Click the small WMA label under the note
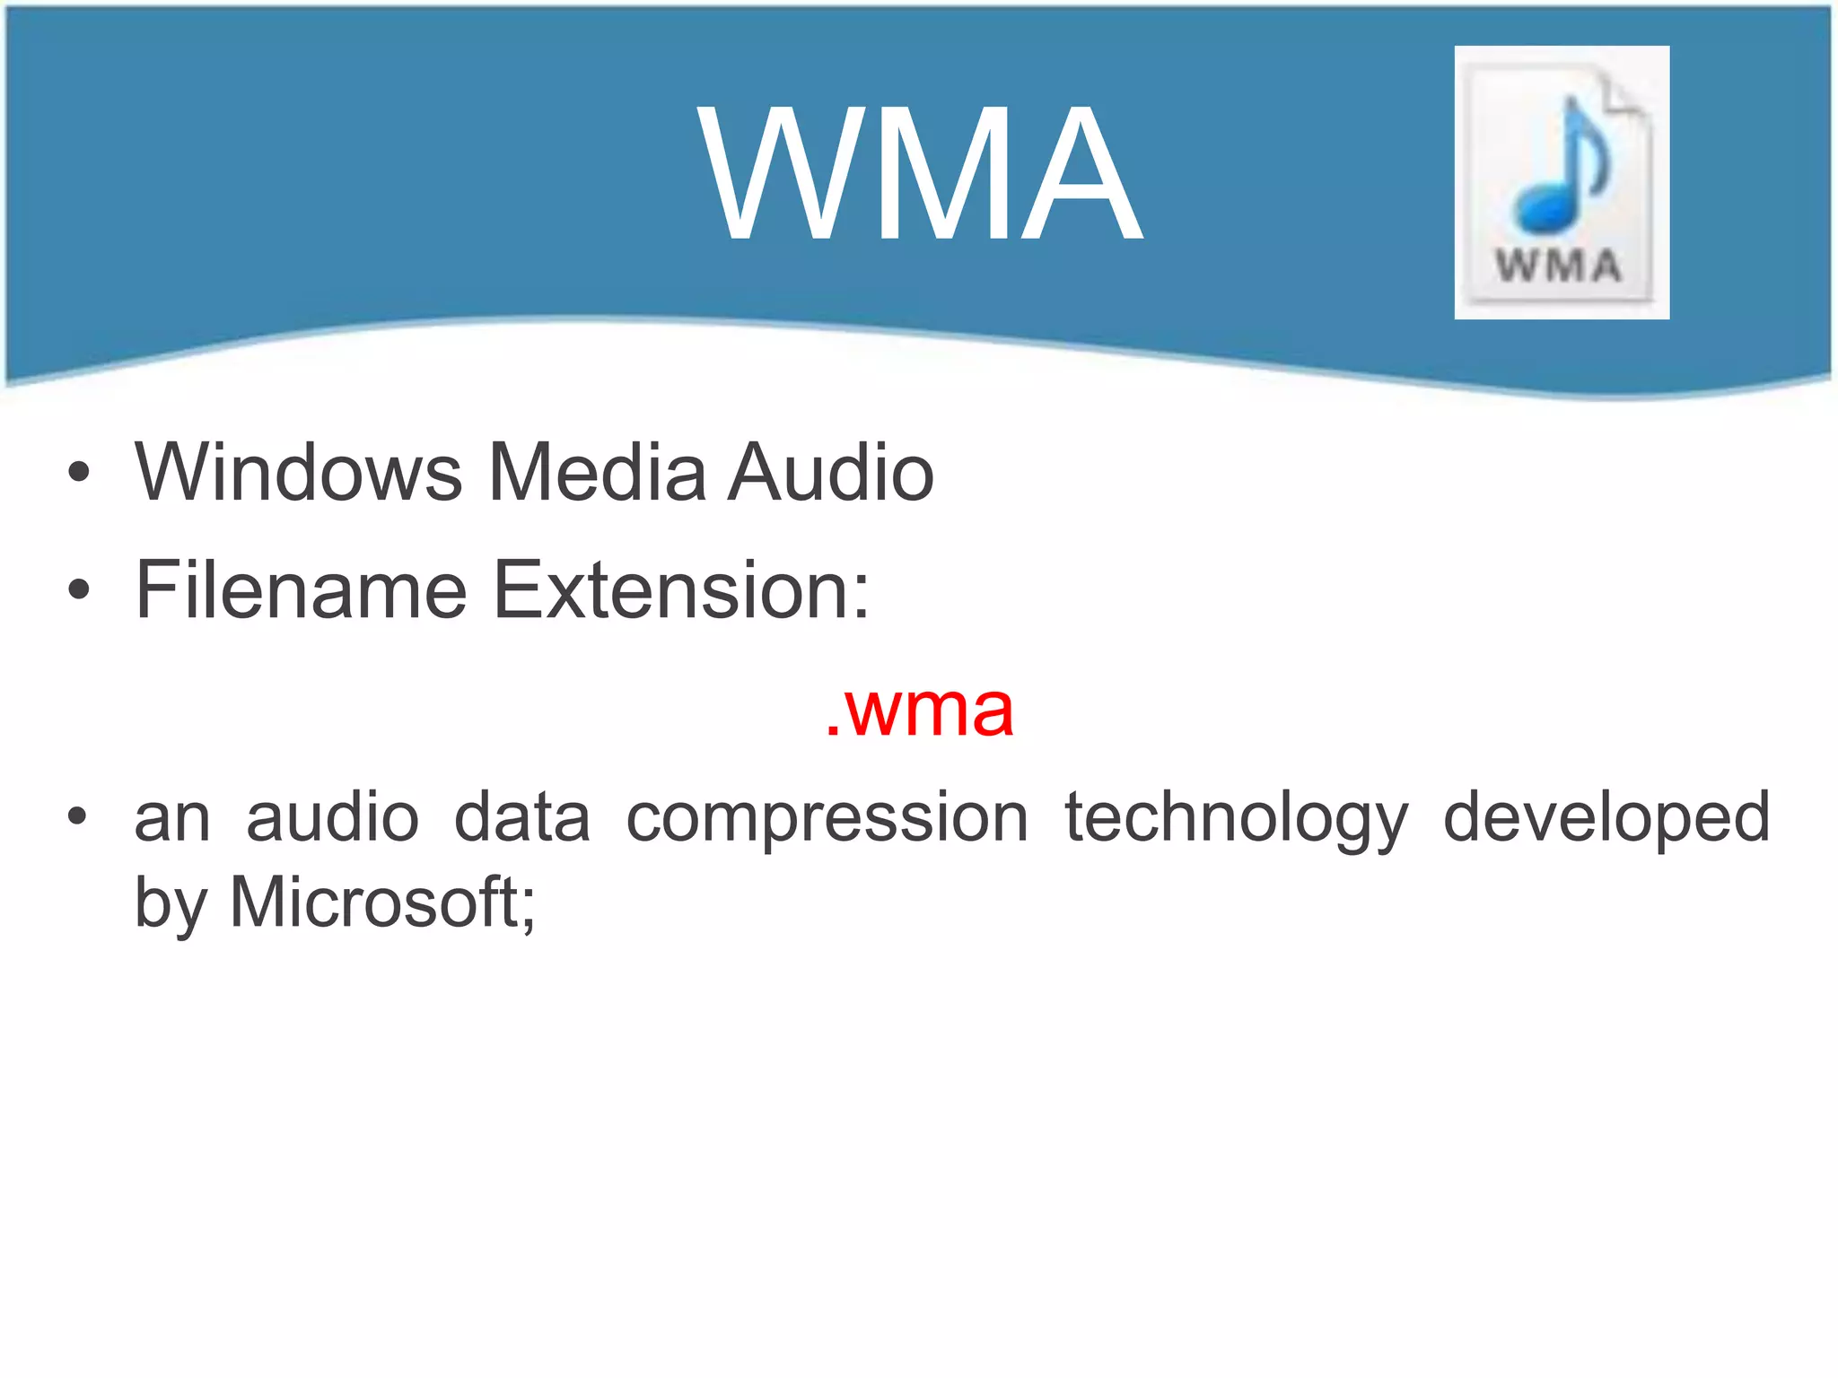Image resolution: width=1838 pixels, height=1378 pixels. pos(1559,266)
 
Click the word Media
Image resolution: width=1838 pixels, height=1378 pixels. pos(597,472)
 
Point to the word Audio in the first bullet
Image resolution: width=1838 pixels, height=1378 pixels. pos(830,472)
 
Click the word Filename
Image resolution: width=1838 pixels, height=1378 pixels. pos(301,589)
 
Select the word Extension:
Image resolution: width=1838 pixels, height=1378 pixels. pos(682,589)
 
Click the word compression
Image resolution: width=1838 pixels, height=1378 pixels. pos(827,818)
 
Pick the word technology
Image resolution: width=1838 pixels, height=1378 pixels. pos(1236,818)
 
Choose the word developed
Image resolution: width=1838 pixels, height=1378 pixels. pos(1606,818)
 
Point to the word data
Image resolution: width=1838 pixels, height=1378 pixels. pos(522,818)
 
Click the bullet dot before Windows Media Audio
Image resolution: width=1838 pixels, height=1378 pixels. pos(79,472)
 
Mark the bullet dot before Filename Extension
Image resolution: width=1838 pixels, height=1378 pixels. pos(79,589)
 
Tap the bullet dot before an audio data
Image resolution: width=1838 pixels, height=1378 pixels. pos(79,817)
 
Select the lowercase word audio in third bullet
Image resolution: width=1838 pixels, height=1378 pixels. pos(332,818)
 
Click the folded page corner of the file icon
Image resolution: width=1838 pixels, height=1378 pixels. pos(1626,95)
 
